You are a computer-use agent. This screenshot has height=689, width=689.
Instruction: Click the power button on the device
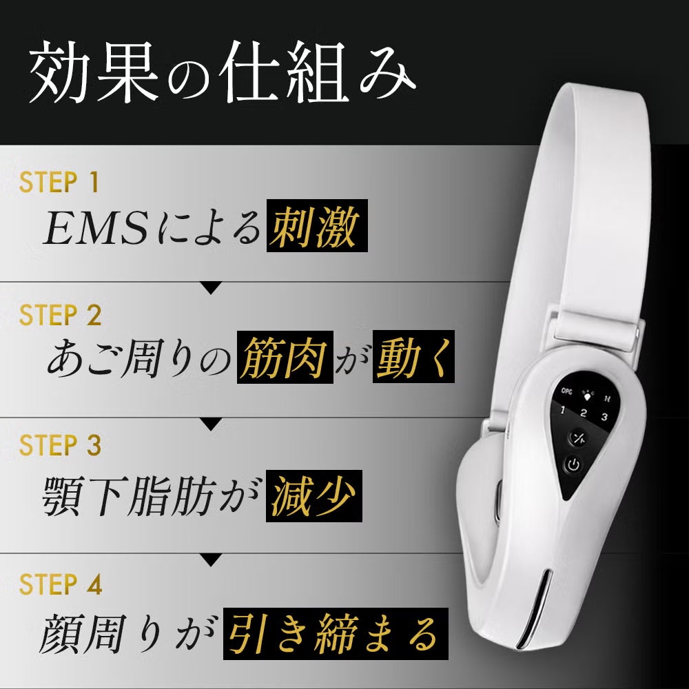[x=573, y=464]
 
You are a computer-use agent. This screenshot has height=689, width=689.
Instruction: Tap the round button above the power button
[x=578, y=438]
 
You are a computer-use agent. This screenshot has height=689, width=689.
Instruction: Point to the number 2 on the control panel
[x=584, y=413]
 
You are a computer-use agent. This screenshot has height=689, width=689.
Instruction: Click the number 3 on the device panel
[x=605, y=416]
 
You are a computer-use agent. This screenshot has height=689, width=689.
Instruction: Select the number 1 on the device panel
[x=563, y=411]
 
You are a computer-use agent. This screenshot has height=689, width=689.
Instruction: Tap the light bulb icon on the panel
[x=587, y=395]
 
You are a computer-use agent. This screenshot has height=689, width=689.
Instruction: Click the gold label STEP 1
[x=59, y=182]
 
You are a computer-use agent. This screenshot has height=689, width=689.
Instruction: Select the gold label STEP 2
[x=60, y=315]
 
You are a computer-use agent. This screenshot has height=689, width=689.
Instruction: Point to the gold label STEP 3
[x=60, y=444]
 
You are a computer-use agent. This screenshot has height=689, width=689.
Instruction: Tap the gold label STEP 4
[x=61, y=584]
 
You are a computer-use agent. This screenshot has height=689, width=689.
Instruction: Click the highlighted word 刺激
[x=317, y=226]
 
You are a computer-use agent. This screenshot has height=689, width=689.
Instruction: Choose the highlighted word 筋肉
[x=285, y=358]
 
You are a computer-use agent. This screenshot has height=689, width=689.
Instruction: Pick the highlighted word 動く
[x=413, y=357]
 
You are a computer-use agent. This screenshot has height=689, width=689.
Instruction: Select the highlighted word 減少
[x=313, y=496]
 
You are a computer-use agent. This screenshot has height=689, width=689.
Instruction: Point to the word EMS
[x=95, y=227]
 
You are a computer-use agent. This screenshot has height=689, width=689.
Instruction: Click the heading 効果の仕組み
[x=222, y=72]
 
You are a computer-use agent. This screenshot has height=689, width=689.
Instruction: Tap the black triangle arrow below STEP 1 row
[x=211, y=288]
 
